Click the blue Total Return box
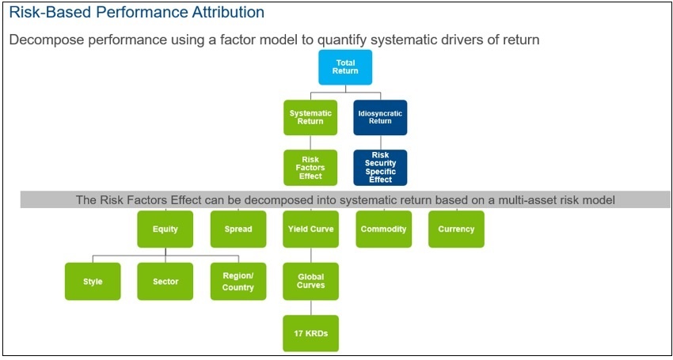pos(344,67)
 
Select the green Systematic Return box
pos(310,117)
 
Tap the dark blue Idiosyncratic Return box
pos(380,117)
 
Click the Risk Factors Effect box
pos(310,168)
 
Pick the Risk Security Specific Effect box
pos(380,168)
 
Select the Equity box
pos(165,229)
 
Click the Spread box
pos(238,229)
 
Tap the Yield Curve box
pos(310,229)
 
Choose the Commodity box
pos(383,229)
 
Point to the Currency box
pos(456,229)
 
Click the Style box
pos(93,282)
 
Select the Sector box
pos(165,282)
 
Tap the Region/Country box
pos(238,282)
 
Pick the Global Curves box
pos(310,281)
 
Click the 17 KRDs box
pos(310,333)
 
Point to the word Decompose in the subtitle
pos(46,40)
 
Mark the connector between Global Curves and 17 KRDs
pos(310,308)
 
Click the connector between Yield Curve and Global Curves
pos(310,255)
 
